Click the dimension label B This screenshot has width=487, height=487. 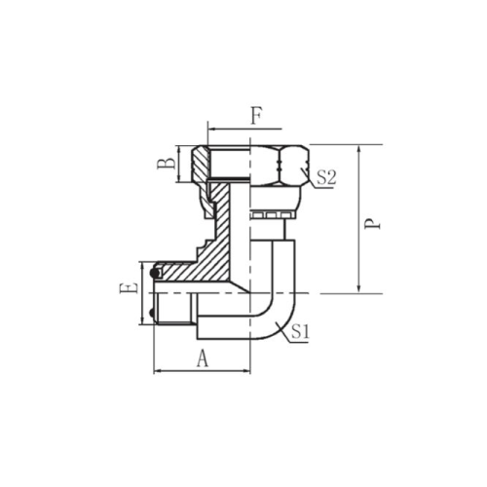click(167, 164)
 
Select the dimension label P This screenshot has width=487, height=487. click(372, 224)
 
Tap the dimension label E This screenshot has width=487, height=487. click(129, 288)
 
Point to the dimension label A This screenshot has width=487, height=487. click(203, 358)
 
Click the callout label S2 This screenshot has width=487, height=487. click(326, 177)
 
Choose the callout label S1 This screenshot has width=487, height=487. click(300, 331)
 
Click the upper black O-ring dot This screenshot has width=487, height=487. click(155, 274)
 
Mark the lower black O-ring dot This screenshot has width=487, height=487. click(152, 314)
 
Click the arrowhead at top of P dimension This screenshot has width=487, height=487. click(358, 150)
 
